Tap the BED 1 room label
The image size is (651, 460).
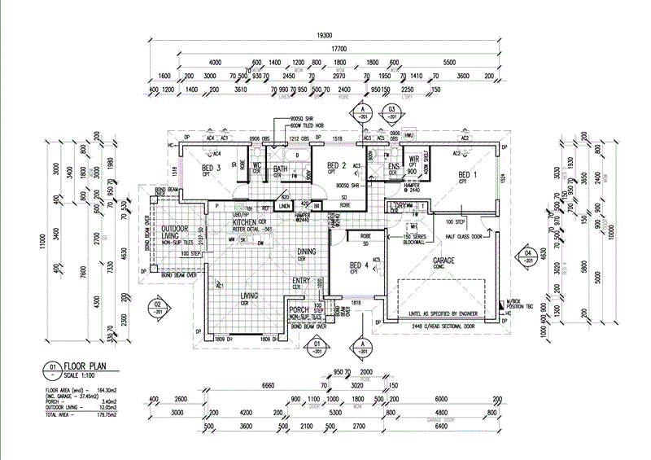pos(468,175)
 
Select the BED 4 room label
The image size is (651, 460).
pos(359,265)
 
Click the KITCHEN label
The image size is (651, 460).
pos(245,222)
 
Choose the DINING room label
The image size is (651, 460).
pos(306,252)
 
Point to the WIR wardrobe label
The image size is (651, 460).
pos(413,159)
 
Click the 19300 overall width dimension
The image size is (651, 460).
pos(325,37)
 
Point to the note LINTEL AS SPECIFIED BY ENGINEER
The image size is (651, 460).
pos(436,311)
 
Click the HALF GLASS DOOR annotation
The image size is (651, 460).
pos(467,237)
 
